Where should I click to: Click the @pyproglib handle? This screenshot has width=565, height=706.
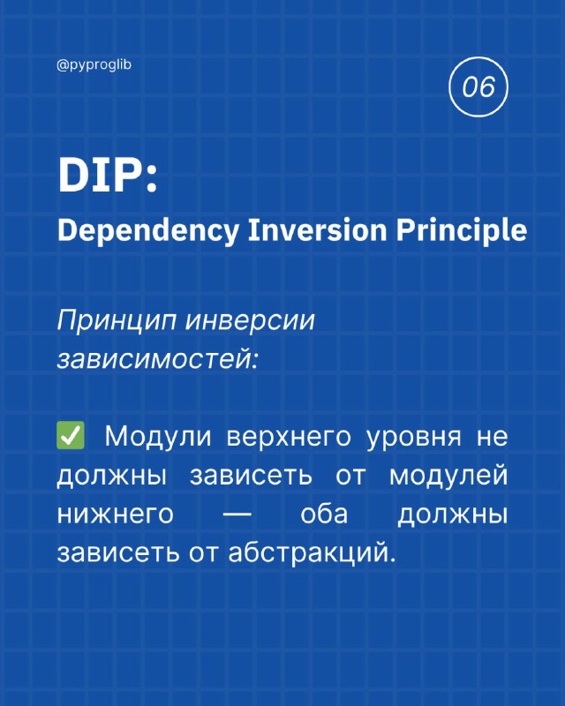coord(94,65)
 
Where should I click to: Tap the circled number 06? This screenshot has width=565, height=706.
coord(478,86)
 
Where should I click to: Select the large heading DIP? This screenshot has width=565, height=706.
coord(108,176)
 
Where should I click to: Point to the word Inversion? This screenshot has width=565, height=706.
coord(318,230)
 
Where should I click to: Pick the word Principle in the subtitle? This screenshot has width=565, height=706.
coord(462,231)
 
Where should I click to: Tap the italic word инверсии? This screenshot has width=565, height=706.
coord(250,321)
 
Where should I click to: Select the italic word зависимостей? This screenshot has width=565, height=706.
coord(157,359)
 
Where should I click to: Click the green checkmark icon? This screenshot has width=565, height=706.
coord(71,435)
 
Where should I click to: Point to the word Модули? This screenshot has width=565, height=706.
coord(158,437)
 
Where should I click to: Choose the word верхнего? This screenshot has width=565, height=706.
coord(289,437)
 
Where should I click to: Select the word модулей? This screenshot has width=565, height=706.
coord(448,476)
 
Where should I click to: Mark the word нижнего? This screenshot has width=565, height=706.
coord(116,514)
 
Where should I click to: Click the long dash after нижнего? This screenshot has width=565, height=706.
coord(237,514)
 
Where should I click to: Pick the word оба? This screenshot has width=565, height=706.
coord(324,513)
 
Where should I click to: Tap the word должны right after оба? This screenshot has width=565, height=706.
coord(452,514)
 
